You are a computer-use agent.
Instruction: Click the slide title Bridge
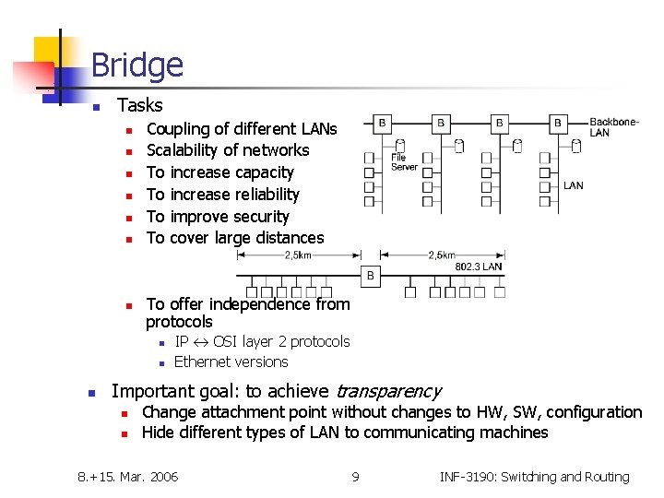pos(137,65)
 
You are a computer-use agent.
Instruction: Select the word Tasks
pos(140,105)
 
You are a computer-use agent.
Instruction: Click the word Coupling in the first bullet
pos(179,129)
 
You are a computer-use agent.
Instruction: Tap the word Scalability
pos(188,150)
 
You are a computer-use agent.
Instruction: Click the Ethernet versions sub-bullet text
pos(231,362)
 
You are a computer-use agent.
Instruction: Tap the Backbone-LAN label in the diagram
pos(611,126)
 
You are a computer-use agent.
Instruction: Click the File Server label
pos(404,162)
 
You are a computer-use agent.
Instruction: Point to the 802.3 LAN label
pos(478,267)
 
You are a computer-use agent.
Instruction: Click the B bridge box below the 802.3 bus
pos(371,275)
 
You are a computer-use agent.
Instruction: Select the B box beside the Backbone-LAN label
pos(557,123)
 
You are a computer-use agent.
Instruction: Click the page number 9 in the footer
pos(355,477)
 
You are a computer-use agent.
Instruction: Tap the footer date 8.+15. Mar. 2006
pos(128,477)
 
